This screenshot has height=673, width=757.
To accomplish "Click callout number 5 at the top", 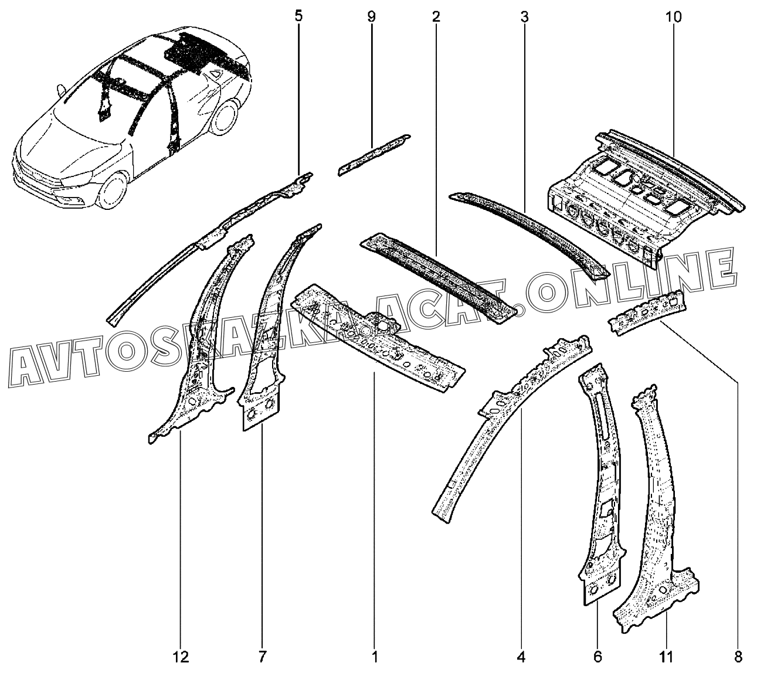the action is click(x=298, y=16).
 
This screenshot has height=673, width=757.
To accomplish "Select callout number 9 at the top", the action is click(x=371, y=16).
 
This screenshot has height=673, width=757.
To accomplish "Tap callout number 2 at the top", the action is click(x=436, y=16).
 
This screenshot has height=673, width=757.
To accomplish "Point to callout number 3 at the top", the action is click(x=524, y=16).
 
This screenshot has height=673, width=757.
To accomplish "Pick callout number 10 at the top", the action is click(x=673, y=16).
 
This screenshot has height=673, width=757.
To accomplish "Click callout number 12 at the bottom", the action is click(x=181, y=656).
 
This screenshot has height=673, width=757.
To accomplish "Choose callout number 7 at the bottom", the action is click(x=262, y=656).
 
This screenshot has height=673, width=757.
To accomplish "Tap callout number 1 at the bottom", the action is click(x=375, y=656).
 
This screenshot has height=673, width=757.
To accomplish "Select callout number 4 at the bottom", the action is click(x=522, y=656).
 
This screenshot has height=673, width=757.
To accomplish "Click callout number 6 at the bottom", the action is click(x=598, y=656).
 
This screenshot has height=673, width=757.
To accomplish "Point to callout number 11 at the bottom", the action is click(x=666, y=656).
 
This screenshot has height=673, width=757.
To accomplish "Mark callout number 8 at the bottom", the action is click(x=738, y=656).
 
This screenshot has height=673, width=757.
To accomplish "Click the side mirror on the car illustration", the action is click(x=61, y=91).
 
